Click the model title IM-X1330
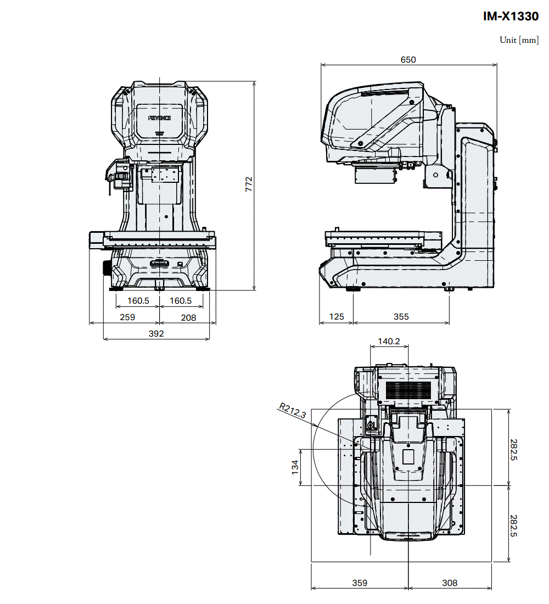tap(511, 17)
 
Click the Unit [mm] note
tap(519, 40)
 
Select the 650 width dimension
tap(408, 60)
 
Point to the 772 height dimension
tap(249, 184)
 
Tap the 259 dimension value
tap(127, 317)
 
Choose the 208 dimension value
tap(188, 317)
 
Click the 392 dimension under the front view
tap(156, 333)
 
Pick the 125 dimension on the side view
tap(336, 317)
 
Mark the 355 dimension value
tap(401, 317)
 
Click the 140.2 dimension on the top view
tap(389, 342)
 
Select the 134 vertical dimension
tap(295, 467)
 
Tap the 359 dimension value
tap(360, 583)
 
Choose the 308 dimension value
tap(450, 583)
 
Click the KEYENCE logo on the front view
tap(160, 118)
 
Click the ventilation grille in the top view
tap(408, 390)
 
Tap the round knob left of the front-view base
tap(106, 269)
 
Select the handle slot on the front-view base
tap(159, 264)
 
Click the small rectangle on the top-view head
tap(408, 456)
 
